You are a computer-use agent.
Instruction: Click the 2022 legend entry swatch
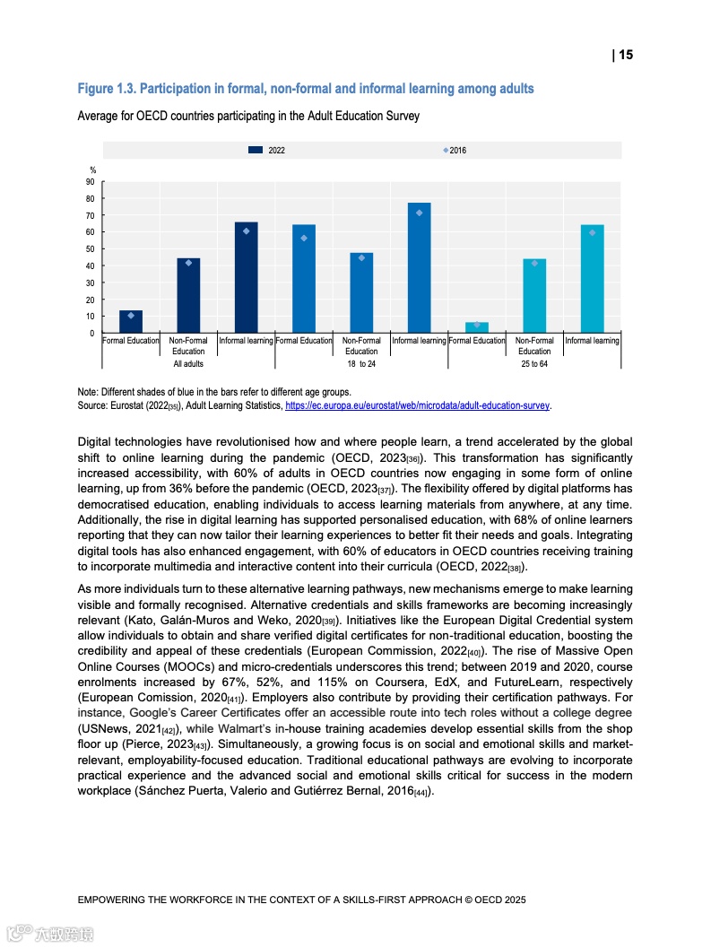tap(256, 151)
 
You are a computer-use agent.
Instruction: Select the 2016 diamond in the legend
tap(446, 151)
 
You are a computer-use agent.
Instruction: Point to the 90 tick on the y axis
tap(90, 182)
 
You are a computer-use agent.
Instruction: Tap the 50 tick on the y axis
tap(90, 249)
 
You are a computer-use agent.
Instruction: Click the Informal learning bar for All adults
tap(246, 278)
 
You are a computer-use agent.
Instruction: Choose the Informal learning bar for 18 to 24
tap(419, 268)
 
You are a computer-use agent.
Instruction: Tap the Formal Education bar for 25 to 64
tap(477, 327)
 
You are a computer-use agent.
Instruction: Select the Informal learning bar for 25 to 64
tap(592, 279)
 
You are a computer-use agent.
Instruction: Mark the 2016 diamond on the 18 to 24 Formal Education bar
tap(304, 238)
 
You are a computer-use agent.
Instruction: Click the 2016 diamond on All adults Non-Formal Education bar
tap(188, 263)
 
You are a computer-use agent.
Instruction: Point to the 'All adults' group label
tap(188, 364)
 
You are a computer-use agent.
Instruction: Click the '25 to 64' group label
tap(534, 364)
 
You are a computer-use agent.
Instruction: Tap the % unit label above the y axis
tap(92, 170)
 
